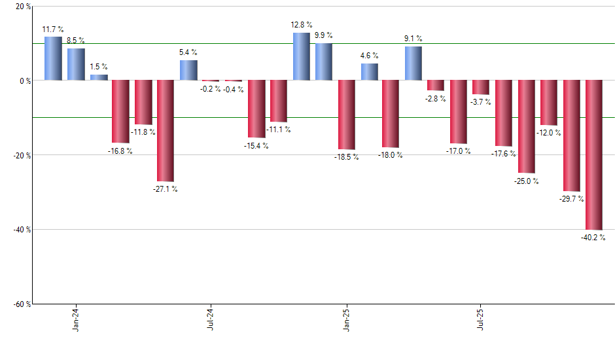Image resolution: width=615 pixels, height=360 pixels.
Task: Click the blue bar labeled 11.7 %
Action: point(53,59)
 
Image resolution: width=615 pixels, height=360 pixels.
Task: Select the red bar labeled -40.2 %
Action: point(594,155)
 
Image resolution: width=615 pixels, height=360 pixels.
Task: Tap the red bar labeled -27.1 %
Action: point(166,131)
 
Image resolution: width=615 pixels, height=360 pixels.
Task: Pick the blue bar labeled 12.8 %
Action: point(301,57)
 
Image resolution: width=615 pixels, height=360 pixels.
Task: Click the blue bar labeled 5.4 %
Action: point(188,71)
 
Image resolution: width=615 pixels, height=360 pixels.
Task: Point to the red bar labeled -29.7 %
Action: point(571,135)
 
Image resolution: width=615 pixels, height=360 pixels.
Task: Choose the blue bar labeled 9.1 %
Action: point(413,63)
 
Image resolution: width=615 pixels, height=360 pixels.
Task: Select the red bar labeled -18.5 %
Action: point(346,115)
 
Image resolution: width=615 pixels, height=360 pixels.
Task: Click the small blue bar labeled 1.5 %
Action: point(99,77)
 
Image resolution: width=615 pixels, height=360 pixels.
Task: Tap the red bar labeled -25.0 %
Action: point(527,127)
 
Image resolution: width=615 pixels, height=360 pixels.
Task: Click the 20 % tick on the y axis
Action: point(23,7)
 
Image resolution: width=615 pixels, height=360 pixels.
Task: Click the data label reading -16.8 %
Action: point(120,151)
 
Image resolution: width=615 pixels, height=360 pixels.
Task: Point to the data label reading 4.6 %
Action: point(369,56)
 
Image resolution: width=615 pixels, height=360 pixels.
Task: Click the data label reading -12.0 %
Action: point(549,133)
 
